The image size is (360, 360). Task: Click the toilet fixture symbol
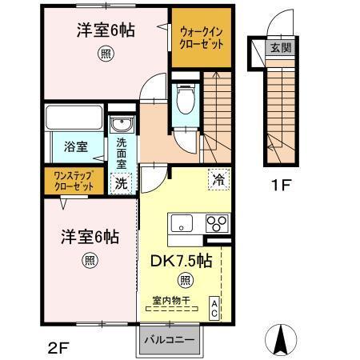186,102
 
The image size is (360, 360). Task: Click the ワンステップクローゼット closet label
73,181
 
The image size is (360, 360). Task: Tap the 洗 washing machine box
120,182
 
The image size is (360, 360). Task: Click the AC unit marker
214,309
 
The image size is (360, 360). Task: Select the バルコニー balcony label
169,340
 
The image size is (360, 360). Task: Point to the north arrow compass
280,339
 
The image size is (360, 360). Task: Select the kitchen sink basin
180,223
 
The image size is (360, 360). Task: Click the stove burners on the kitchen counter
217,222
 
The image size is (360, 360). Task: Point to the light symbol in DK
184,280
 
